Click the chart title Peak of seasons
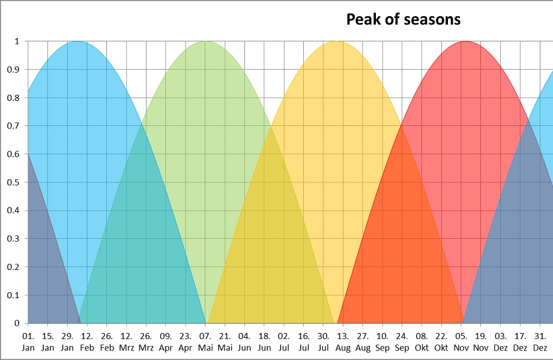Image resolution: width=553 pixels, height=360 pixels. (403, 19)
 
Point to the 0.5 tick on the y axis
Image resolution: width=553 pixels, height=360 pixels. (13, 182)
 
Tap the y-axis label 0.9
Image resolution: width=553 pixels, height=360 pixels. (13, 70)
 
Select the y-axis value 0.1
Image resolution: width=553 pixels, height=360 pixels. (13, 295)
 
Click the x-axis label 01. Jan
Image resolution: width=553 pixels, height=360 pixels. (28, 341)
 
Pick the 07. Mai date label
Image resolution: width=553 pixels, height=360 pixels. (205, 341)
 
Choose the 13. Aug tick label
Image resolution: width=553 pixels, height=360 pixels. (343, 341)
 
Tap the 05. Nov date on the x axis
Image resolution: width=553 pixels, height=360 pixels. (461, 341)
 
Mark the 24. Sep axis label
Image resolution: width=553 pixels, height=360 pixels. (402, 341)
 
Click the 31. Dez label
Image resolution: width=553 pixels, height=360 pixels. (540, 341)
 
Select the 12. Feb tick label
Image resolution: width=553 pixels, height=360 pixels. (86, 341)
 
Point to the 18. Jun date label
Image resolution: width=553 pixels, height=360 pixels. (264, 341)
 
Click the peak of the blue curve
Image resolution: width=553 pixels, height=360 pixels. (77, 41)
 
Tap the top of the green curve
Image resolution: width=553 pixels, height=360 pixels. (206, 41)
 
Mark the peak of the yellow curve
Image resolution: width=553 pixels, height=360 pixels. (337, 41)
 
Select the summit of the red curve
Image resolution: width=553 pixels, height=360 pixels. (466, 41)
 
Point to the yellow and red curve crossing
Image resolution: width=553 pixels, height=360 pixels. (401, 124)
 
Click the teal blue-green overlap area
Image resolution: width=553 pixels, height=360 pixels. (142, 247)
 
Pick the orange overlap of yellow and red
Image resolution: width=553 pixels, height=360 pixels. (401, 247)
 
